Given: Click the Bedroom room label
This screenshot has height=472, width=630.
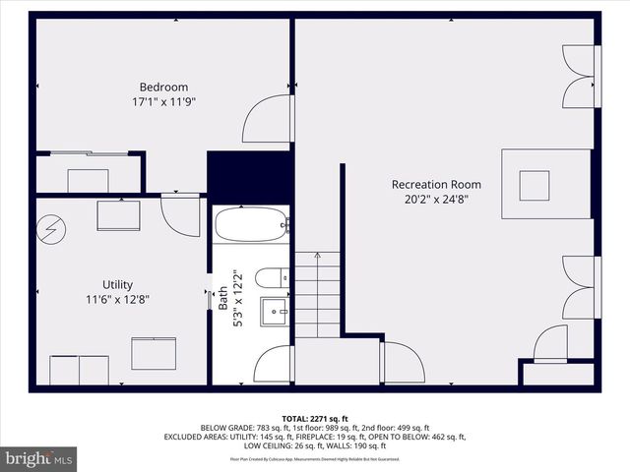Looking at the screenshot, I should tap(163, 87).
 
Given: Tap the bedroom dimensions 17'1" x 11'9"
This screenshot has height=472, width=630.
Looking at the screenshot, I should tap(163, 101).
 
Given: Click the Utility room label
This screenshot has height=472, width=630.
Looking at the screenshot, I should tap(118, 284).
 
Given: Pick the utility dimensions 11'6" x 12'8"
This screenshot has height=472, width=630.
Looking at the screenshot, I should tap(118, 299).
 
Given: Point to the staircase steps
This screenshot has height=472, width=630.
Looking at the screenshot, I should tap(317, 295).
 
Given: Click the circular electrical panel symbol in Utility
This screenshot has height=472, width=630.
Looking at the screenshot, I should tap(48, 230).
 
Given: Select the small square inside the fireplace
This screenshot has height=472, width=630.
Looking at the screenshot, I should tap(535, 184).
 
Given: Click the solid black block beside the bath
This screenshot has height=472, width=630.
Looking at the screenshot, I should tap(249, 176).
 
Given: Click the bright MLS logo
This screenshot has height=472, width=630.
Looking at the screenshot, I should tap(39, 458).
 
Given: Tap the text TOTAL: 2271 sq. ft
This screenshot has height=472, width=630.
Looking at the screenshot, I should tap(315, 419).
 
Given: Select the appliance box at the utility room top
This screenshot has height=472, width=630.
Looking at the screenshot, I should tap(118, 215).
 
